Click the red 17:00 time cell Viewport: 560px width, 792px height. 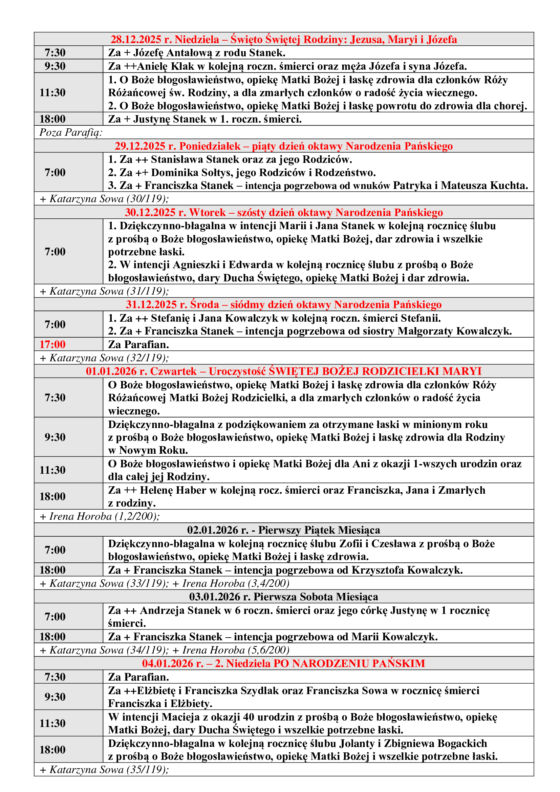(52, 344)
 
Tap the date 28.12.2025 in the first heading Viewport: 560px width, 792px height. (136, 39)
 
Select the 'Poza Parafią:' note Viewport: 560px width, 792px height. (71, 132)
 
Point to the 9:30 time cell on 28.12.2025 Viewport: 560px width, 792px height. (55, 66)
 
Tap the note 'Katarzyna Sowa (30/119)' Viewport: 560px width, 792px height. (106, 199)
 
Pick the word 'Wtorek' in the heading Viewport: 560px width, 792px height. (207, 212)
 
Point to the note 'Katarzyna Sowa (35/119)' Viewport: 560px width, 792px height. (106, 770)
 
